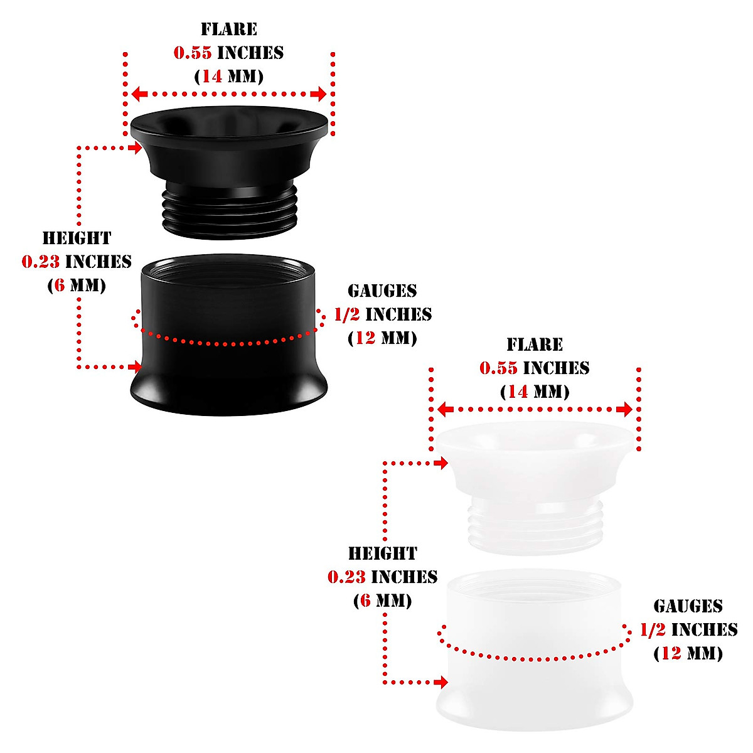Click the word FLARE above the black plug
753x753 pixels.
click(229, 29)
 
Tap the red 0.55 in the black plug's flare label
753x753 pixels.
click(193, 53)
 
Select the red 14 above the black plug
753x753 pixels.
click(211, 77)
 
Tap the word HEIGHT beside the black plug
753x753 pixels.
click(77, 238)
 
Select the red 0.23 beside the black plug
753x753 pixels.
click(41, 262)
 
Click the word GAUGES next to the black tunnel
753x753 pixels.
click(382, 291)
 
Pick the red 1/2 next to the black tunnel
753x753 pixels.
click(346, 314)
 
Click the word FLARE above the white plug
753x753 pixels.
click(535, 344)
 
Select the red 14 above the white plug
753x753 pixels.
click(518, 392)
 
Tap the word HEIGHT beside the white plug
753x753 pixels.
click(382, 553)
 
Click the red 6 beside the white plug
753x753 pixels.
click(365, 601)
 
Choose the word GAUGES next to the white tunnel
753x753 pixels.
click(688, 606)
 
